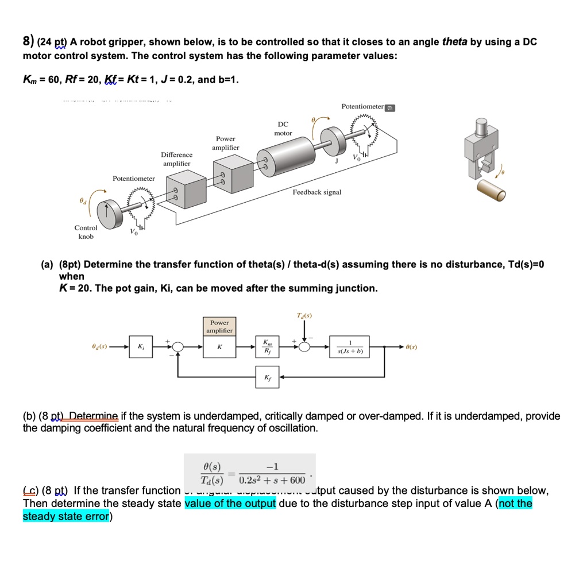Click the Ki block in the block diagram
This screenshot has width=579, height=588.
click(x=140, y=347)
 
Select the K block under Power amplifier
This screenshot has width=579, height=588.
click(x=219, y=347)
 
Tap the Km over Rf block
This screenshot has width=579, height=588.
click(x=267, y=347)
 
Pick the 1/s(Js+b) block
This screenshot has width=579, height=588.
click(x=350, y=347)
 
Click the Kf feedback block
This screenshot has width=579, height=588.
click(x=267, y=377)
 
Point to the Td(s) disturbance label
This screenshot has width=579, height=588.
click(x=304, y=315)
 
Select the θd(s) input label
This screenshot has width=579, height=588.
click(x=100, y=347)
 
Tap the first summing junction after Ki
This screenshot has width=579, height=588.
click(x=178, y=347)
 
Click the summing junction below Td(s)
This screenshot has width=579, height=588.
click(x=304, y=347)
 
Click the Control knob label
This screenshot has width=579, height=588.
click(x=86, y=232)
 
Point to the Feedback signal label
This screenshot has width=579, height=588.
click(x=316, y=192)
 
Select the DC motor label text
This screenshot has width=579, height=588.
click(x=283, y=128)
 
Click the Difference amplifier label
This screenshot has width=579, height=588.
click(x=177, y=159)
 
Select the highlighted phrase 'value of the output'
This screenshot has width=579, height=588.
click(x=230, y=504)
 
